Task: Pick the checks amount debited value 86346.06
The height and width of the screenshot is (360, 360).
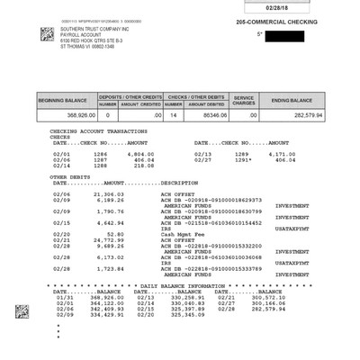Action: click(x=206, y=115)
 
